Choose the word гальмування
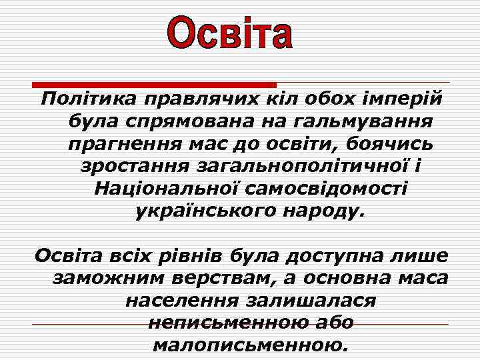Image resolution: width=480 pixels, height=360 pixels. [x=361, y=122]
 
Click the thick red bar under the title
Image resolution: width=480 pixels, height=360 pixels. [x=155, y=85]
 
